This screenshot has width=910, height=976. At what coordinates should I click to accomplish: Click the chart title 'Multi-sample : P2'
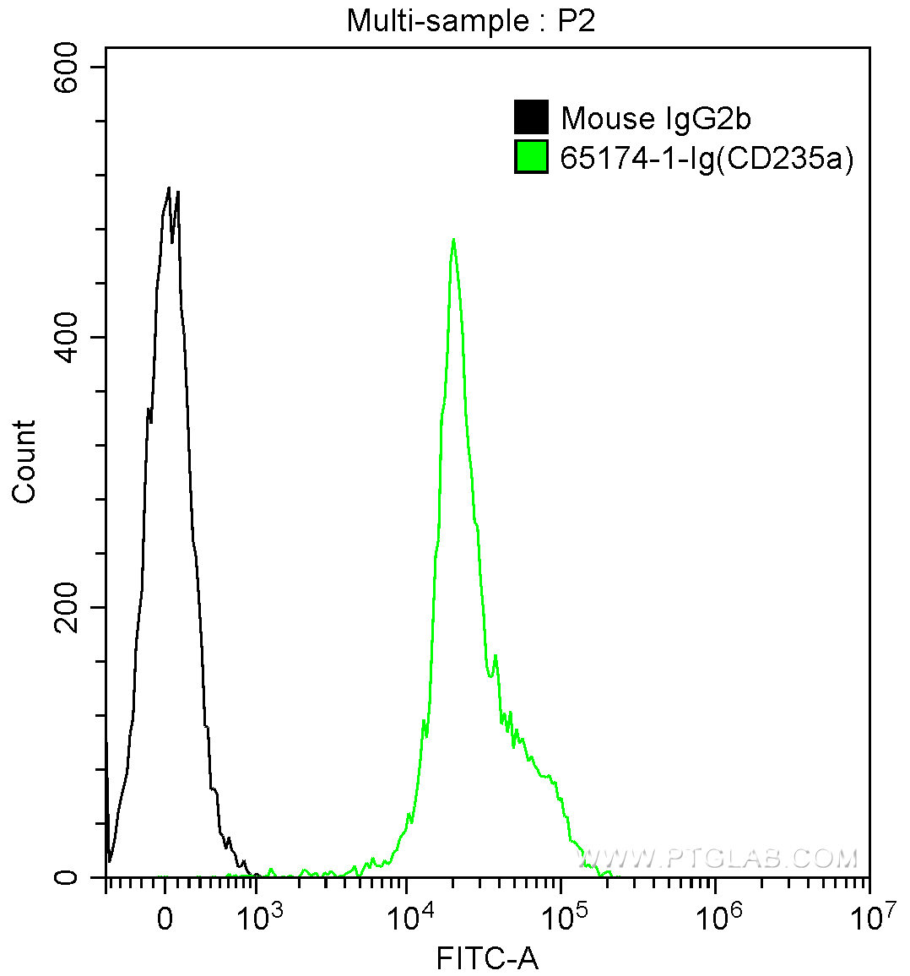tap(471, 21)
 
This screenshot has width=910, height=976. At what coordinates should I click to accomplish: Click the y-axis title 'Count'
tap(24, 462)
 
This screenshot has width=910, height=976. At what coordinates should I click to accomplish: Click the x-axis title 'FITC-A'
tap(487, 958)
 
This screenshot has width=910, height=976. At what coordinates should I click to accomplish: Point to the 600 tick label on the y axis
tap(65, 68)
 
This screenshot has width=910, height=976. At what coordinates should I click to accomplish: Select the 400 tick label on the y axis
tap(65, 338)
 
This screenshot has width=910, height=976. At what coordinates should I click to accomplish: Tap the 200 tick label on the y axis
tap(65, 608)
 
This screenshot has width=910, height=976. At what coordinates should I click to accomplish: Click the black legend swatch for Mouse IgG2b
tap(531, 117)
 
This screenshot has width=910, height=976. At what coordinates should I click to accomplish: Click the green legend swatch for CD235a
tap(531, 158)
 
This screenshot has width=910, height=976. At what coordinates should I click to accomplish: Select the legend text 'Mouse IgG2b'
tap(656, 118)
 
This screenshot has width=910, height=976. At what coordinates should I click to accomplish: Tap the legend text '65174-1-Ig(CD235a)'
tap(707, 159)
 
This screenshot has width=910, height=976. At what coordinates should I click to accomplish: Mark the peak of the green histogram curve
tap(454, 240)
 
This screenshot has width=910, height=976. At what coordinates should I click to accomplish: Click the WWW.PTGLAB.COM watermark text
tap(718, 859)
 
